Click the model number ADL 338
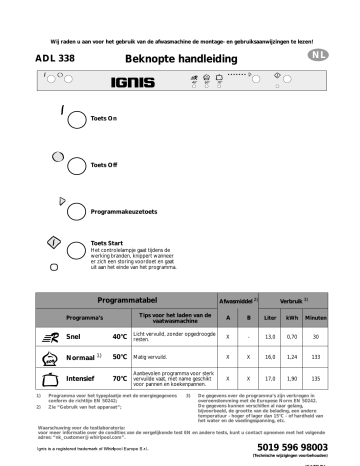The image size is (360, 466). tap(61, 58)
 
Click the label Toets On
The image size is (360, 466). tap(105, 119)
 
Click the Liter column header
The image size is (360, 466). tap(267, 318)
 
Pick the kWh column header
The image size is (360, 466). tap(293, 318)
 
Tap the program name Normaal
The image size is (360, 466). tap(77, 356)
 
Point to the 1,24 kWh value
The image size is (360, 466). tap(293, 356)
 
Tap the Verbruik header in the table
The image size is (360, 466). tap(292, 300)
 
